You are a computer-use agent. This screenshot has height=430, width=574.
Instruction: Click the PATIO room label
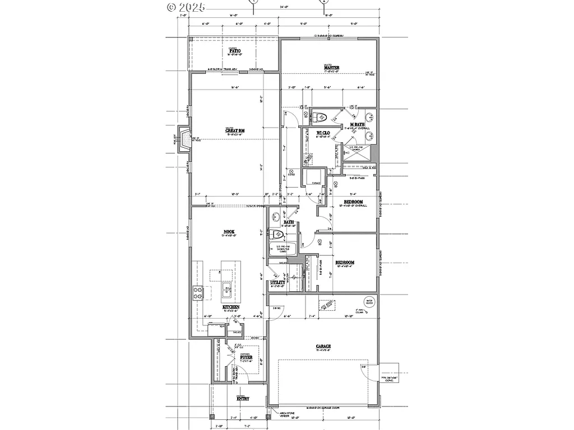click(234, 51)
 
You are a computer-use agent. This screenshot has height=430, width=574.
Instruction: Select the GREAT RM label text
click(234, 130)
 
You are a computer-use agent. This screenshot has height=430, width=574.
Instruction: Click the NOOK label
click(229, 232)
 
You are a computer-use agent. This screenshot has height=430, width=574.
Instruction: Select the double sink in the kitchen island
click(228, 290)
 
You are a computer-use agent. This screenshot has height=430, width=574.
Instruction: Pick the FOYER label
click(246, 357)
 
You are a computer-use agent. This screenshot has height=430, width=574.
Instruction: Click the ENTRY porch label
click(242, 399)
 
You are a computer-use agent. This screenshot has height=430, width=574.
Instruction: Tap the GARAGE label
click(323, 347)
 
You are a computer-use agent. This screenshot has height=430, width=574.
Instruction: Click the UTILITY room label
click(277, 283)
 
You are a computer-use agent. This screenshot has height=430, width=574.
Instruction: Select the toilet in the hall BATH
click(277, 235)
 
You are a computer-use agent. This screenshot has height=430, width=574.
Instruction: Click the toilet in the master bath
click(321, 118)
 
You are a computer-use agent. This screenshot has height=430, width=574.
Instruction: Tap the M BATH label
click(358, 124)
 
